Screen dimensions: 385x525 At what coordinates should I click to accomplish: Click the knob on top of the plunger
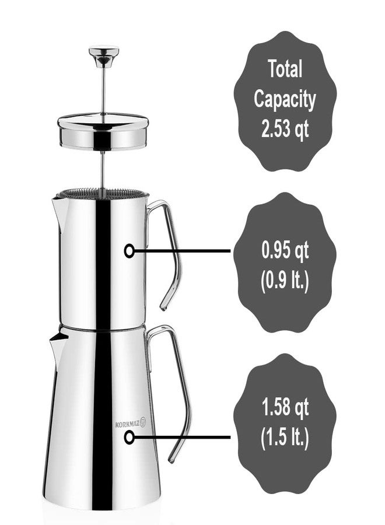(104, 55)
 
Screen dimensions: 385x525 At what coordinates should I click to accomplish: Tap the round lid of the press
(103, 131)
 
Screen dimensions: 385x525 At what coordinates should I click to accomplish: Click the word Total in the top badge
(285, 69)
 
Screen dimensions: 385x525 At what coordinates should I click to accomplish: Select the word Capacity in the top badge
(285, 99)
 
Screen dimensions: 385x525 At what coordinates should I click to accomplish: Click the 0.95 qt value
(285, 250)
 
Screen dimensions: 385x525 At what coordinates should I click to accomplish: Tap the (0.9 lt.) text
(285, 280)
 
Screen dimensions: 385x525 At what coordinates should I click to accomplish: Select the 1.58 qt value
(285, 408)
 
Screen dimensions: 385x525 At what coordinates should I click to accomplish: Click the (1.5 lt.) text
(285, 437)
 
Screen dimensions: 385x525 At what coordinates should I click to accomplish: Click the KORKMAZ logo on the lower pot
(131, 423)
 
